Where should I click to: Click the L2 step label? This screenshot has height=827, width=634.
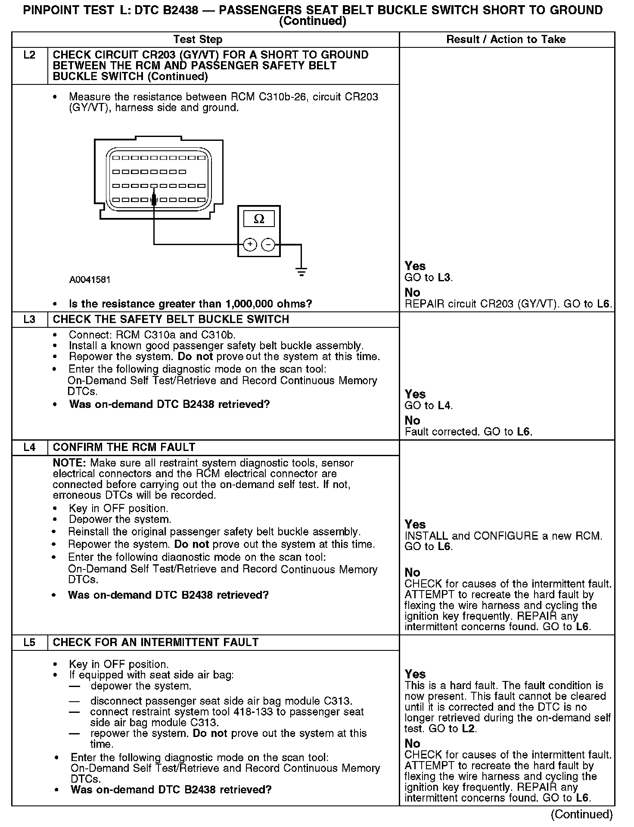pos(29,55)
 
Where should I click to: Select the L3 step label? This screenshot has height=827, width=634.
pos(29,320)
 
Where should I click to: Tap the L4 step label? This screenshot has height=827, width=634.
pos(29,448)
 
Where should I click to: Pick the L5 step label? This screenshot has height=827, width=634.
pos(29,643)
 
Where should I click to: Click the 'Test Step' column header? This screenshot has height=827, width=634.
pos(198,40)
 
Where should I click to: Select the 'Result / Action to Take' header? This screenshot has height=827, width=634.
pos(506,40)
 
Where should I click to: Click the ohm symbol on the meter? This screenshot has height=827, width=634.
pos(259,219)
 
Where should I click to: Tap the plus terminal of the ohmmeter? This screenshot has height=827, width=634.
pos(250,245)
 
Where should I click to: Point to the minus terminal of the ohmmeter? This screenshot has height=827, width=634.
pos(268,245)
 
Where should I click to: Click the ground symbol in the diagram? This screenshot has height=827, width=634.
pos(301,271)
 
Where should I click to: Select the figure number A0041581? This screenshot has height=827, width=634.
pos(90,280)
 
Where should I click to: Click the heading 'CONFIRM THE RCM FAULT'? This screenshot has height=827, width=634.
pos(124,448)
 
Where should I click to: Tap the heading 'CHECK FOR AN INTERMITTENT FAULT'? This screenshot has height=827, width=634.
pos(155,643)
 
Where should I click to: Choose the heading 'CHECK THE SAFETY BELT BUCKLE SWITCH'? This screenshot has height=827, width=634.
pos(171,320)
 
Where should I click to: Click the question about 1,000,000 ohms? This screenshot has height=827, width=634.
pos(190,304)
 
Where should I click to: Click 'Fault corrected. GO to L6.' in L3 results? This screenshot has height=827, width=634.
pos(469,432)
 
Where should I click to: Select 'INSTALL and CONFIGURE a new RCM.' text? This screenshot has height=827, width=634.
pos(503,536)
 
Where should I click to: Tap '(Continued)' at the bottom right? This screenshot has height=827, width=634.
pos(581,814)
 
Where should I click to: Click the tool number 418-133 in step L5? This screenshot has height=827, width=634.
pos(253,712)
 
